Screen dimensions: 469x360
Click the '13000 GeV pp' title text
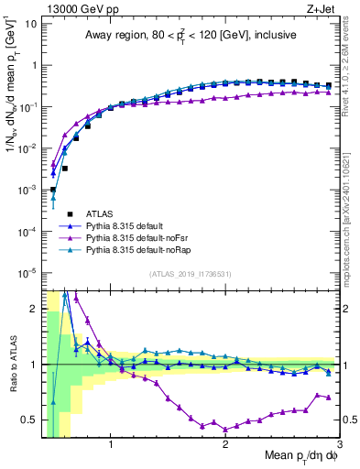point(74,8)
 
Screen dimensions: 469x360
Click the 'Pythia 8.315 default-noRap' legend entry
point(134,249)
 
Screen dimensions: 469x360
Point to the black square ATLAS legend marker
point(54,213)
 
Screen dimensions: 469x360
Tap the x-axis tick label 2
point(225,447)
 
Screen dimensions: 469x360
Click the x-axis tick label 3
point(339,447)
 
